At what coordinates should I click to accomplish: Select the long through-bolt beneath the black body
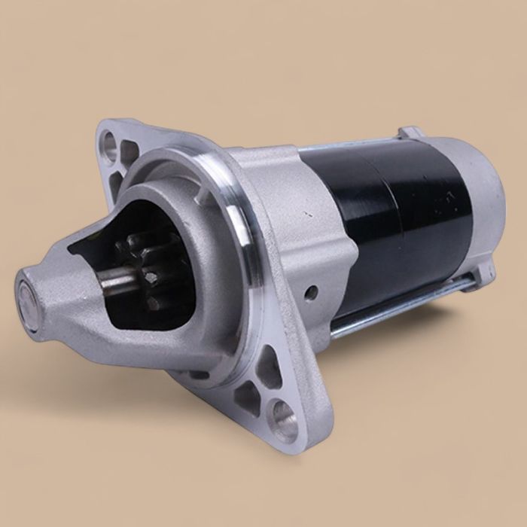[399, 309]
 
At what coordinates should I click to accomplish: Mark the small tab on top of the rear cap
[410, 133]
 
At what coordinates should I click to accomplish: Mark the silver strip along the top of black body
[354, 143]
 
